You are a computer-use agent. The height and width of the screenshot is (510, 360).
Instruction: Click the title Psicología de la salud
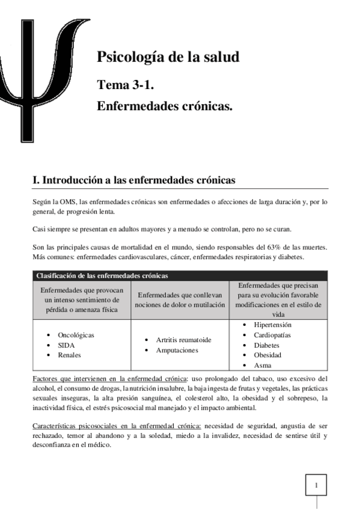tap(168, 57)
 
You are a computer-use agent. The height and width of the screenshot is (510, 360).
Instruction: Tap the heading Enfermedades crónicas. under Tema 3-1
tap(165, 106)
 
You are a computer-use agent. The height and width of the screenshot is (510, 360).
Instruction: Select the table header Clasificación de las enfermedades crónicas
tap(102, 275)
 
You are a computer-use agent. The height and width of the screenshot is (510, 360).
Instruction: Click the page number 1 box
tap(317, 484)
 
